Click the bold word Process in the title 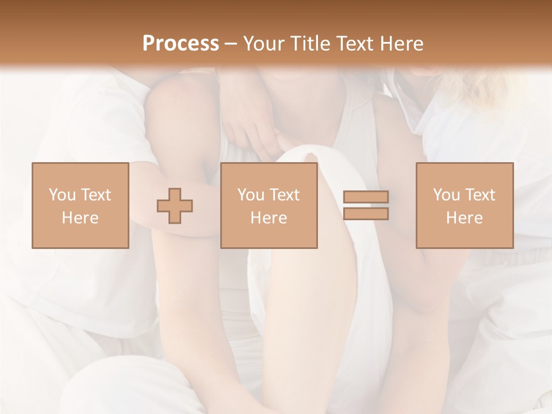coord(181,44)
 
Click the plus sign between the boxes coord(175,205)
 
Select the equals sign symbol coord(366,205)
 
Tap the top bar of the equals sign coord(366,197)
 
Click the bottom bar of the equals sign coord(366,214)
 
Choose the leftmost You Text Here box coord(80,205)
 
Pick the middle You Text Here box coord(269,205)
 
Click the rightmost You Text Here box coord(464,205)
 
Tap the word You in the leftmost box coord(61,195)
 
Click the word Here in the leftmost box coord(80,218)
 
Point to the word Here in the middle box coord(269,218)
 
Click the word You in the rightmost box coord(446,195)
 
